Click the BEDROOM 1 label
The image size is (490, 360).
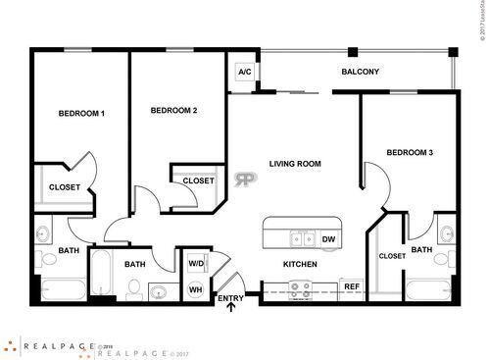(x=81, y=114)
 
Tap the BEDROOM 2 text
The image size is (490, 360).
(x=174, y=111)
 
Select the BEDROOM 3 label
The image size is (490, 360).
(x=410, y=152)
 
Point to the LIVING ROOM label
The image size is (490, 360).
(x=295, y=164)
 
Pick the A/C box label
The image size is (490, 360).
(x=243, y=72)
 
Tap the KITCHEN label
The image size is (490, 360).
(x=300, y=265)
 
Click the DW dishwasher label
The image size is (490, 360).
(x=329, y=239)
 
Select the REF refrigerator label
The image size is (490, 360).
(x=351, y=286)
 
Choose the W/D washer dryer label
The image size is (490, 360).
(x=195, y=264)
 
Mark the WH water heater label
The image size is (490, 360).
(x=194, y=288)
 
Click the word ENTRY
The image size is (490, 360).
(x=231, y=298)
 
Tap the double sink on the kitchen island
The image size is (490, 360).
(x=302, y=238)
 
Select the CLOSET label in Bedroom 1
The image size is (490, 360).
(x=65, y=186)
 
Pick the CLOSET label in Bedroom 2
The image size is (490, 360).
(x=199, y=180)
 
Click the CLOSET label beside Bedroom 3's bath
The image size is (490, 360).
(x=391, y=256)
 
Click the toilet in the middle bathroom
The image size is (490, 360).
(x=132, y=287)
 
